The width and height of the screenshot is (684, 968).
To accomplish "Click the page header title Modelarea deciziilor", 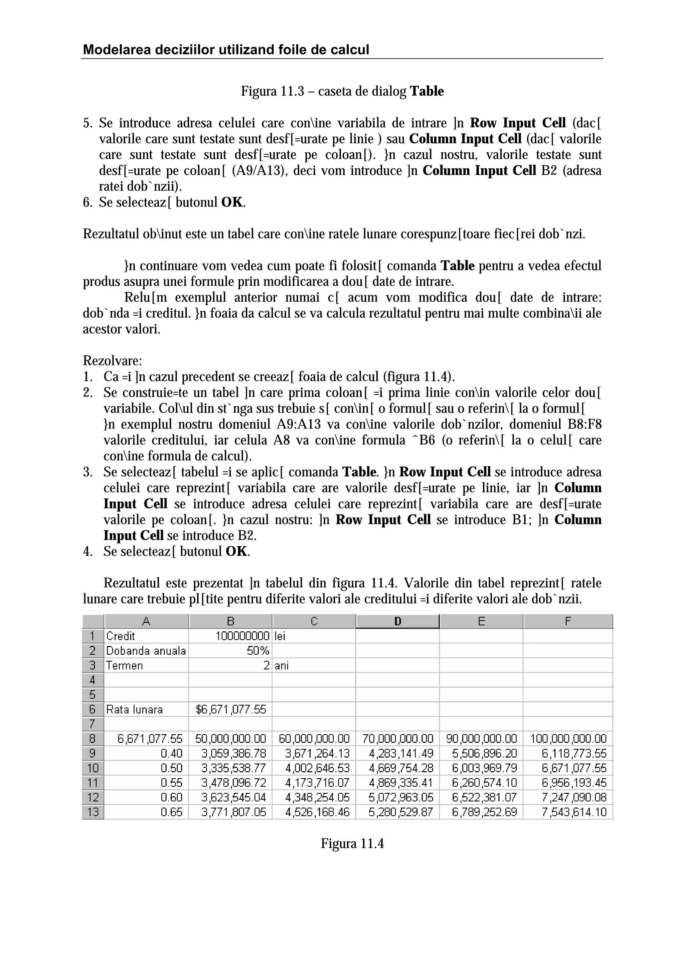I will [x=226, y=50].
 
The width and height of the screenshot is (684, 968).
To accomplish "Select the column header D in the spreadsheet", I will [x=397, y=621].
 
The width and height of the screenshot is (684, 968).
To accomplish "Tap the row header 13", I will [x=93, y=812].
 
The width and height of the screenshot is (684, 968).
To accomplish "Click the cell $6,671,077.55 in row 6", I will [x=231, y=709].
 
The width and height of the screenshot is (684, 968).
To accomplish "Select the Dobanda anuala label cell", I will [x=146, y=651].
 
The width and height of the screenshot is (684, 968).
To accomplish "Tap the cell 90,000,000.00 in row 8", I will [x=481, y=739].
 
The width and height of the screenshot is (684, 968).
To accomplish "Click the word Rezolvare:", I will [x=113, y=361].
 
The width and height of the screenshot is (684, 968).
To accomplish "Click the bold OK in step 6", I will [x=232, y=202].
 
